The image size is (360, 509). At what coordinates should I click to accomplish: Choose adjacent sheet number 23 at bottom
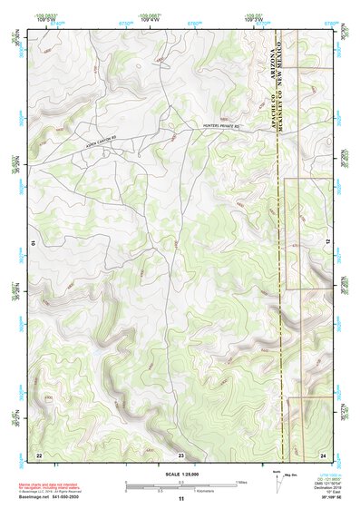pos(181,453)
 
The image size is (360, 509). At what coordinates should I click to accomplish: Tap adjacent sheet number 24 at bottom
pos(323,453)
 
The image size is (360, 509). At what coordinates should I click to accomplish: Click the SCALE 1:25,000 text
pos(180,474)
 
